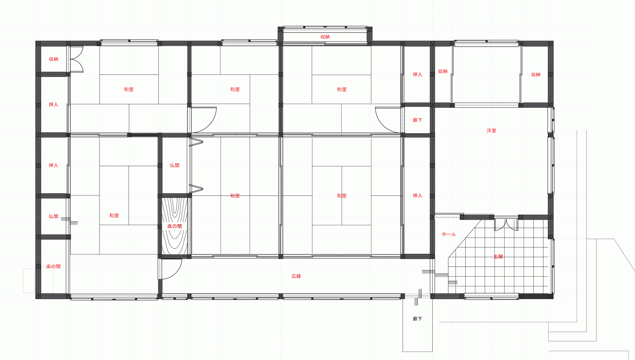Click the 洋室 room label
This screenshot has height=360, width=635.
[491, 131]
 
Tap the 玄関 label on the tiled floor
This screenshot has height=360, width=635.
[498, 257]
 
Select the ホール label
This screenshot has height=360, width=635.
[449, 234]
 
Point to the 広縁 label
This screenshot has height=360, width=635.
[296, 276]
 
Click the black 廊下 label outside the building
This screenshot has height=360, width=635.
[417, 319]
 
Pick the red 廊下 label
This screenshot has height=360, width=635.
[417, 120]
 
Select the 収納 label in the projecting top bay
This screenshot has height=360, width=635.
[325, 37]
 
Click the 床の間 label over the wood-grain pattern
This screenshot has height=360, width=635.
[174, 226]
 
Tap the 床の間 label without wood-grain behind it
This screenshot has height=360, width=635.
[53, 267]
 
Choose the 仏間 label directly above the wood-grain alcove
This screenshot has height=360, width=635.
[174, 165]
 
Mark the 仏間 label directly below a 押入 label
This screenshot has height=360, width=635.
[53, 217]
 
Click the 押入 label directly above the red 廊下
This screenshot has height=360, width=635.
[417, 74]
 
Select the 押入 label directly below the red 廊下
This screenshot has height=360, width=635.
[417, 196]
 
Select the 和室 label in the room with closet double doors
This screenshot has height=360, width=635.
[129, 90]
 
